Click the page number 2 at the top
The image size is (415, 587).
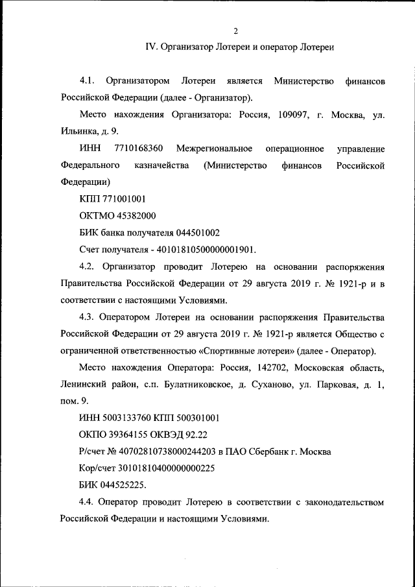click(x=237, y=30)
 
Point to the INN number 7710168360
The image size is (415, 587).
click(x=138, y=149)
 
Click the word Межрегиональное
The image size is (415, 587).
click(x=215, y=149)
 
